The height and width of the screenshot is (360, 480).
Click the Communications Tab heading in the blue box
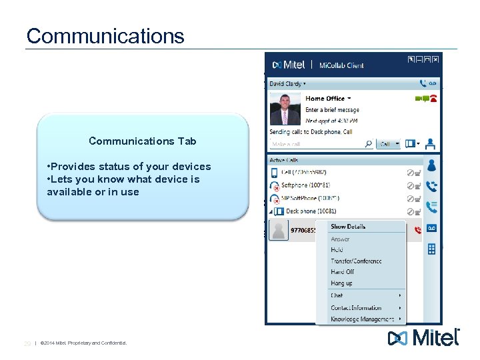pos(142,141)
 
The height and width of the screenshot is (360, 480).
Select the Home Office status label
pos(325,99)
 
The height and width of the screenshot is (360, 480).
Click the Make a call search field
pos(317,144)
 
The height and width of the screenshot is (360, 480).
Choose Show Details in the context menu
pos(348,227)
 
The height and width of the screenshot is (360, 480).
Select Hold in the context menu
pos(337,250)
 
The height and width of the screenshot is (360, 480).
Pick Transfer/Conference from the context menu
pos(356,261)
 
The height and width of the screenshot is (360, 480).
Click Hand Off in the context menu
pos(343,272)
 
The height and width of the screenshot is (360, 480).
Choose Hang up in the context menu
pos(342,283)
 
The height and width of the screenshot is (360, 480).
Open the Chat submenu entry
pos(337,295)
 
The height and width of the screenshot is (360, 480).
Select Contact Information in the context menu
pos(356,308)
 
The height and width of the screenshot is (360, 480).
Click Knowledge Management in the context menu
pos(362,319)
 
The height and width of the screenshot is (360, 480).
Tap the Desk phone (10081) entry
pos(309,211)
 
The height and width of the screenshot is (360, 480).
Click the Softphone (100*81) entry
pos(305,185)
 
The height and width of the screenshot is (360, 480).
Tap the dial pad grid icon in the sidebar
pos(431,249)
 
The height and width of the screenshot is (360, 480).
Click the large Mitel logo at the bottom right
pos(423,338)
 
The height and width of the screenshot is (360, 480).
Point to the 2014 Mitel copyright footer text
pos(83,343)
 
